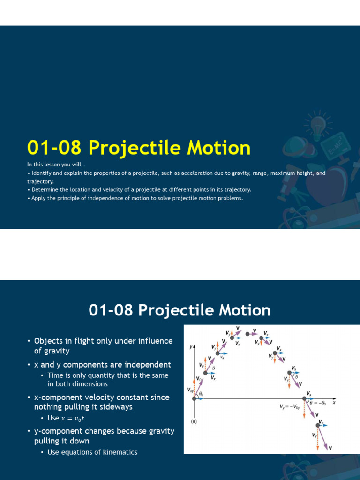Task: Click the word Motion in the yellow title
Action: [218, 148]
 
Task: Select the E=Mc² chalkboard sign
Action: [336, 146]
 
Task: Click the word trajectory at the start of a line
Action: [40, 181]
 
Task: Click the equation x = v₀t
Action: [73, 418]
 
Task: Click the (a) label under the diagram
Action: [194, 421]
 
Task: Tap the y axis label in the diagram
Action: [191, 347]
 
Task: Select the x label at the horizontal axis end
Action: [334, 402]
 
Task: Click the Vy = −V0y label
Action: [290, 407]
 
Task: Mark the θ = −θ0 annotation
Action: [319, 403]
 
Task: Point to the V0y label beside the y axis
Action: [189, 390]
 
